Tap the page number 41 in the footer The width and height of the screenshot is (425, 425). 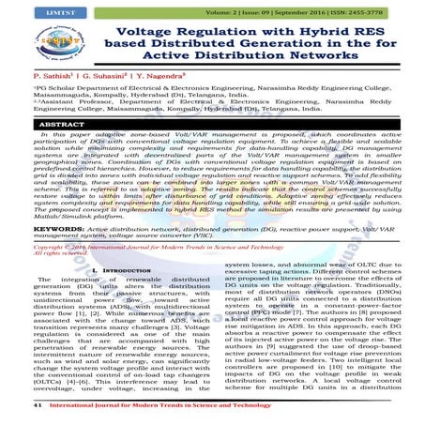[11, 405]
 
